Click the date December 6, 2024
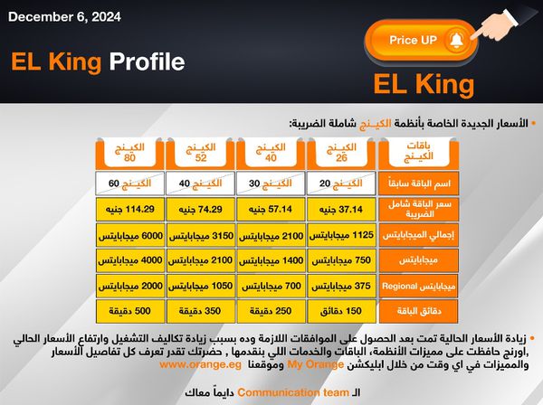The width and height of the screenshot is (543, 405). point(65,17)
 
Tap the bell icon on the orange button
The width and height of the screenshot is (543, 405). point(457,41)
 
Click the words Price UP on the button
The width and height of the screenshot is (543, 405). point(414,40)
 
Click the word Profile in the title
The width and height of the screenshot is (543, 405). point(148,61)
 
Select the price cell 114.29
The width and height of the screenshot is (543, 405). point(129,209)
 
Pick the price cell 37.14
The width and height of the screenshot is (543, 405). point(341,209)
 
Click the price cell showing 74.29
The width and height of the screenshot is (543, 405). point(201,209)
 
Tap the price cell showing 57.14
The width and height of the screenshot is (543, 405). point(271,209)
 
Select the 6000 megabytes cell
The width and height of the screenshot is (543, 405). point(129,235)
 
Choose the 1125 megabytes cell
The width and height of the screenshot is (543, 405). point(341,235)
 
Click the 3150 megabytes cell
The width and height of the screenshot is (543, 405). point(201,235)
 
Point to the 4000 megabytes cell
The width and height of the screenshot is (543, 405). point(129,260)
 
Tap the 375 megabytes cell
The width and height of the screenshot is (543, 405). point(341,286)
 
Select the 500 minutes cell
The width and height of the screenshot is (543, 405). point(129,311)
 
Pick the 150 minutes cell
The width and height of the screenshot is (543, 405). point(341,311)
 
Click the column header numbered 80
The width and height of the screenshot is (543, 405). point(129,153)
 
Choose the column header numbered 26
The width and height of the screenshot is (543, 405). point(341,153)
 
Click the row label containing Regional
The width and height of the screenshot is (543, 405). point(419,287)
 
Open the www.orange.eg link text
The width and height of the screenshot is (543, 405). point(200,364)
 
